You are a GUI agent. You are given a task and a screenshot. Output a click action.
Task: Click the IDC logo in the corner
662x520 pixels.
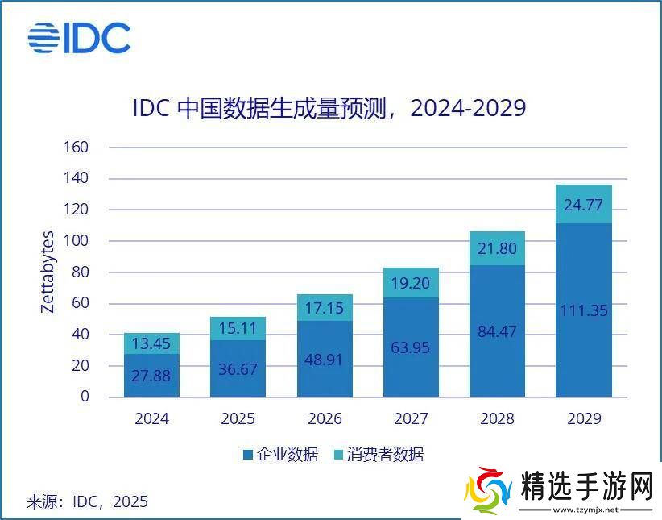pos(79,38)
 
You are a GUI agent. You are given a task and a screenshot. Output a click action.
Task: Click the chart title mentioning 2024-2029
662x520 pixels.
pos(329,108)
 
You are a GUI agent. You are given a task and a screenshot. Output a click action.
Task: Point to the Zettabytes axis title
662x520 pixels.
pos(48,272)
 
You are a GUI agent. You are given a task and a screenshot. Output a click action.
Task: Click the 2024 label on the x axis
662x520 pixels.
pos(151,418)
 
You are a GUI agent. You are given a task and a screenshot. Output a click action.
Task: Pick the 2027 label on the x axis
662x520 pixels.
pos(411,418)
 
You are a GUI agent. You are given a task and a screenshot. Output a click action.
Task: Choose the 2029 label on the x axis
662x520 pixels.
pos(583,418)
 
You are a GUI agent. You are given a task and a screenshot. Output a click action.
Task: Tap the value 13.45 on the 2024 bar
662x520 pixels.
pos(151,344)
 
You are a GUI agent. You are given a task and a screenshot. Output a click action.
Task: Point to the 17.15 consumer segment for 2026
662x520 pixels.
pos(325,308)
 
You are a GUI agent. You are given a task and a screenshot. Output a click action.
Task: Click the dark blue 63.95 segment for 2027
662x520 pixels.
pos(411,347)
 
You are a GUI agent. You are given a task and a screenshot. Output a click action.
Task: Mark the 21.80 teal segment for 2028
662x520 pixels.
pos(497,248)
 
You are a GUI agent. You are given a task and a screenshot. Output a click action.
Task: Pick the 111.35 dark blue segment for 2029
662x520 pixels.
pos(583,310)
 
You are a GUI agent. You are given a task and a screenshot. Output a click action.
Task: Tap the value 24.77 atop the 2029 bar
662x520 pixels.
pos(583,205)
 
